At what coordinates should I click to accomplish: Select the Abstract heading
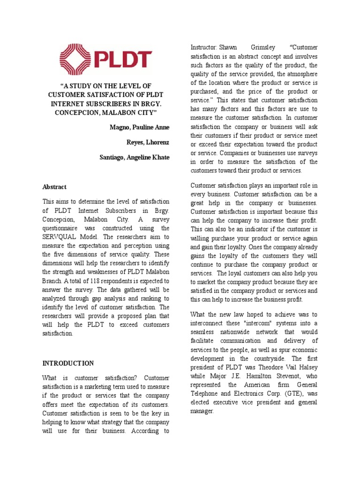click(54, 187)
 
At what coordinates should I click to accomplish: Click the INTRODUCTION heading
click(68, 363)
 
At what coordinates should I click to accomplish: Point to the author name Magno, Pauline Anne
click(140, 127)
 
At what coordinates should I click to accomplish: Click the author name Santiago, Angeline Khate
click(135, 157)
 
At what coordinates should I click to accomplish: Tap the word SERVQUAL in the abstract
click(60, 237)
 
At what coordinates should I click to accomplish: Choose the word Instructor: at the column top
click(204, 47)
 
